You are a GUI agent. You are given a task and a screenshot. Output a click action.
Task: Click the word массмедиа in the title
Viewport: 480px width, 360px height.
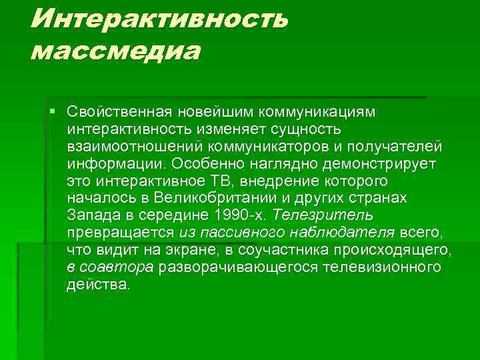click(114, 51)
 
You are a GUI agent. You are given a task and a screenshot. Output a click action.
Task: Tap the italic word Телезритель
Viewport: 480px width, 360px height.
click(323, 215)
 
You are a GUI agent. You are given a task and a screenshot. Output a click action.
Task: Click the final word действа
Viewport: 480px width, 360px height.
click(99, 285)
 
